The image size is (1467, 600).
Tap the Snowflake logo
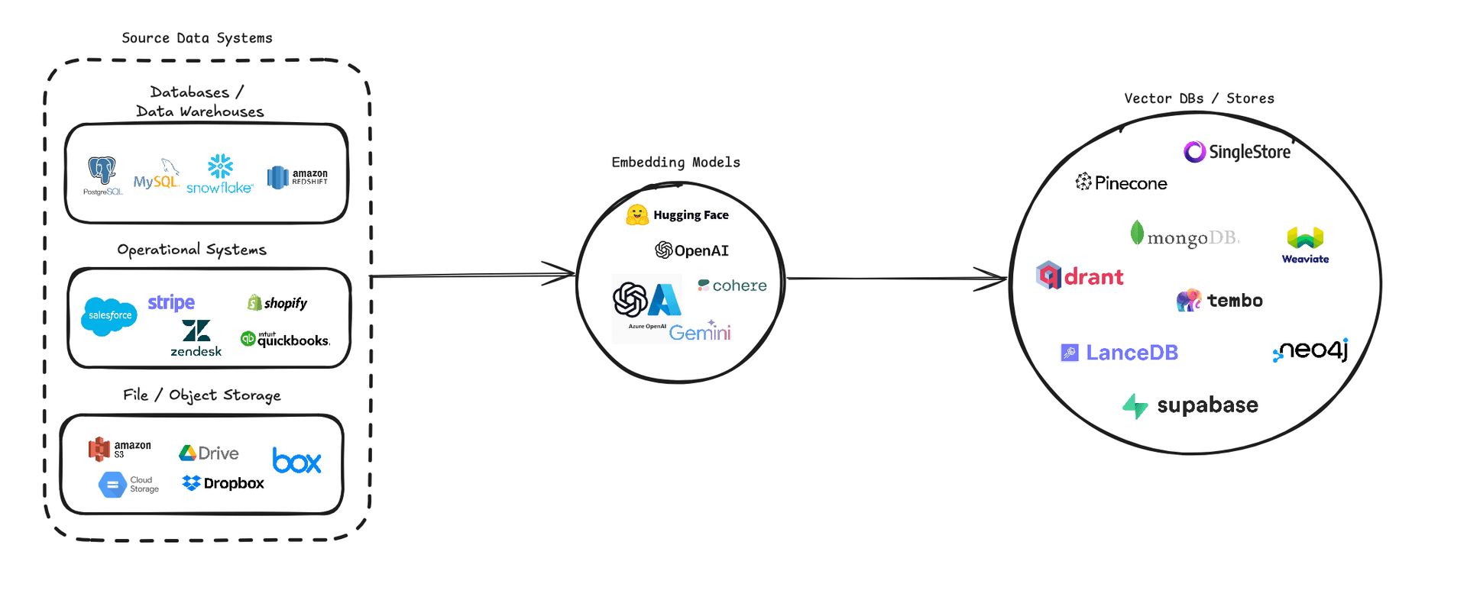(219, 174)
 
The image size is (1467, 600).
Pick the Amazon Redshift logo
(297, 177)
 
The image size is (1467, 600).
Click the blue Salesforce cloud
(109, 316)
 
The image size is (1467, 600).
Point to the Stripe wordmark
(171, 303)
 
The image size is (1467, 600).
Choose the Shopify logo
(277, 303)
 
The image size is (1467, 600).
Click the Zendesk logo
(196, 337)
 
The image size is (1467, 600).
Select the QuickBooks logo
(285, 339)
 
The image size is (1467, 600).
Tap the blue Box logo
(297, 460)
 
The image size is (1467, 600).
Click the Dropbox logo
(223, 483)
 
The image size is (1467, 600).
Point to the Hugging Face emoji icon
(637, 215)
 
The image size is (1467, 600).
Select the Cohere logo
(732, 285)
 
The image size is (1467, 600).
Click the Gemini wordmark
(700, 331)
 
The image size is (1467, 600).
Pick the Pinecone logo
(1121, 182)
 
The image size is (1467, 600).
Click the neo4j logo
(1310, 350)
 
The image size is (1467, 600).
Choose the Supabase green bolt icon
(1135, 406)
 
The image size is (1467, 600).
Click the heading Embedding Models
(675, 162)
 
